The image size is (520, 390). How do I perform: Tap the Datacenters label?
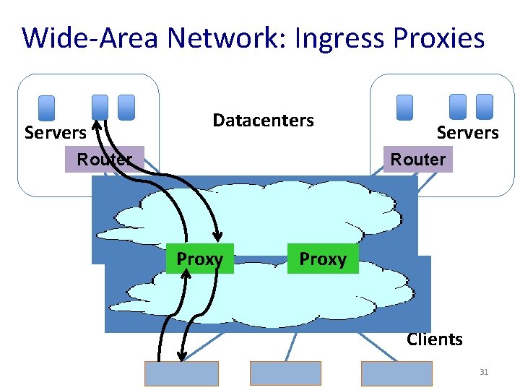263,121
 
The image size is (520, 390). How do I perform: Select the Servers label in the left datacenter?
56,133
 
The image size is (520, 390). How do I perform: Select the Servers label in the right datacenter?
467,133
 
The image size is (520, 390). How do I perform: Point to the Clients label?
434,339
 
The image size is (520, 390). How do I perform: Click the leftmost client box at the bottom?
181,373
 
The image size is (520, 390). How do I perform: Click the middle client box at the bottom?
285,373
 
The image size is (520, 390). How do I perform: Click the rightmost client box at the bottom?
396,373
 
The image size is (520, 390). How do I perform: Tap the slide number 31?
484,373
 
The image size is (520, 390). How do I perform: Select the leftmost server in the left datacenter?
46,107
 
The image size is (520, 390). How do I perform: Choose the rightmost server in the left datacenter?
126,107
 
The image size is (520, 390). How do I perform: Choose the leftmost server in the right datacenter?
405,107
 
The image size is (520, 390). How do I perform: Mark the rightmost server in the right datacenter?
485,107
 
